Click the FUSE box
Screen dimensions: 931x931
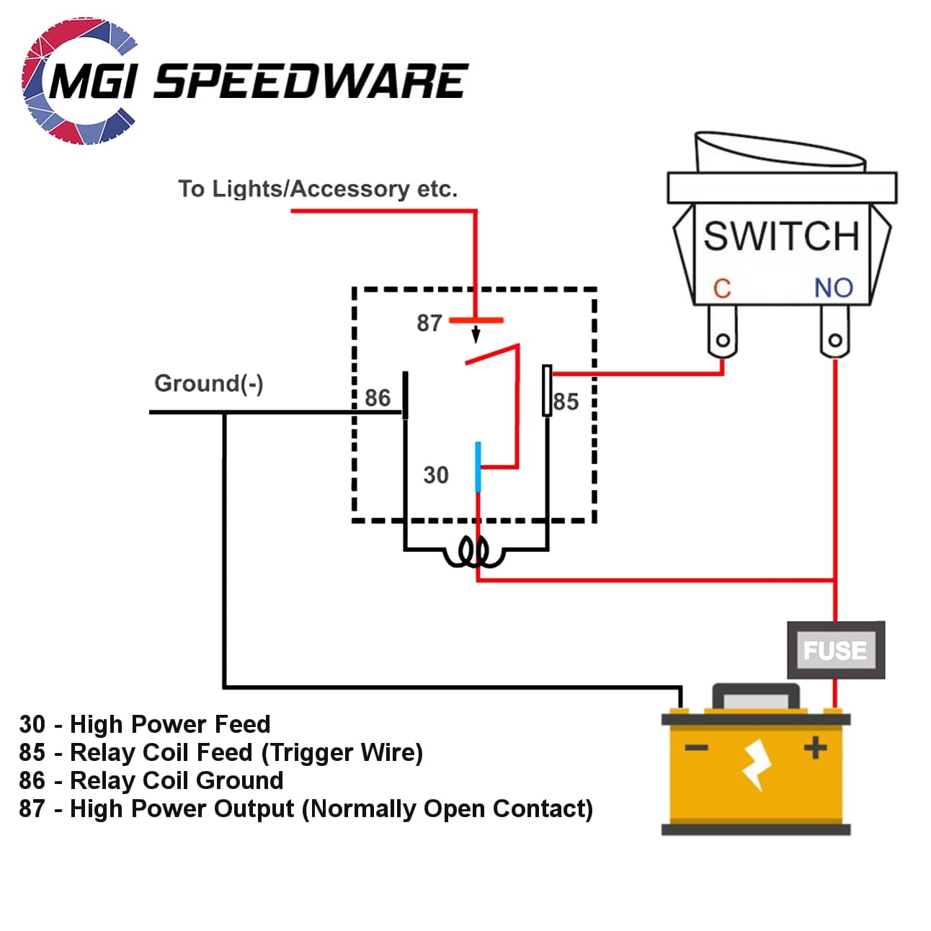(835, 650)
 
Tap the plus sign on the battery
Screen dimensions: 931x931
(815, 747)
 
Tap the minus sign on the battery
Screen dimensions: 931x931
(696, 748)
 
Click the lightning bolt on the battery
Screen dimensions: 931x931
(757, 765)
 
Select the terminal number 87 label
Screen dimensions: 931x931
(429, 323)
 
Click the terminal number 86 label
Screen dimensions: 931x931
(377, 398)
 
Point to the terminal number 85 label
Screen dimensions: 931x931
(566, 402)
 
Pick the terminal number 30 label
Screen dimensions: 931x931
(435, 475)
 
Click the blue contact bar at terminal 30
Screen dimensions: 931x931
(478, 467)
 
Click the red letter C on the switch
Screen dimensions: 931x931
(722, 289)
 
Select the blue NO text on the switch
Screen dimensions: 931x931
(834, 288)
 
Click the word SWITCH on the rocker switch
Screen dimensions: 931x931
(781, 236)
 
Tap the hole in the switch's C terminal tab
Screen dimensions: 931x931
(723, 339)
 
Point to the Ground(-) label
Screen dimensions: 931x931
(209, 383)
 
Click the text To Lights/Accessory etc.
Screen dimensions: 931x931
(318, 189)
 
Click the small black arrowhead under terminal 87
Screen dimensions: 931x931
(476, 336)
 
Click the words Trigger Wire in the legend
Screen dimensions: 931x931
(342, 752)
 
